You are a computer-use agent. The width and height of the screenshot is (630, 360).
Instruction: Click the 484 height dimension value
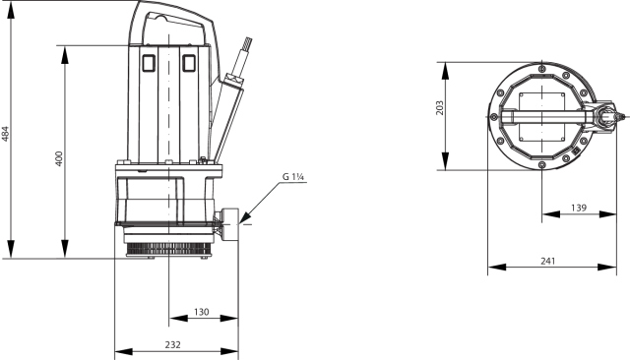coord(5,134)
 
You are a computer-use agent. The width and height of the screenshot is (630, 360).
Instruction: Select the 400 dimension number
coord(59,159)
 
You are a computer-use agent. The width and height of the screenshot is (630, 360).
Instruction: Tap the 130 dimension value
coord(201,312)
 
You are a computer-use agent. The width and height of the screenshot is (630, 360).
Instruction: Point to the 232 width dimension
coord(173,344)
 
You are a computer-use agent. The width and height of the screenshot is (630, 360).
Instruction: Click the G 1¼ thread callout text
coord(293,177)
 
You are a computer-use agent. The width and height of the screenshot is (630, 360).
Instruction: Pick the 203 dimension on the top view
coord(440,108)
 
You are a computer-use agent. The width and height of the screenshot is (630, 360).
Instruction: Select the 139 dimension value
coord(579,208)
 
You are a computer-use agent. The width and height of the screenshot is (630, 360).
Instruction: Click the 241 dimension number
coord(548,261)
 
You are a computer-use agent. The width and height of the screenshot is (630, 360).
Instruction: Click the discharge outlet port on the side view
coord(229,224)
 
